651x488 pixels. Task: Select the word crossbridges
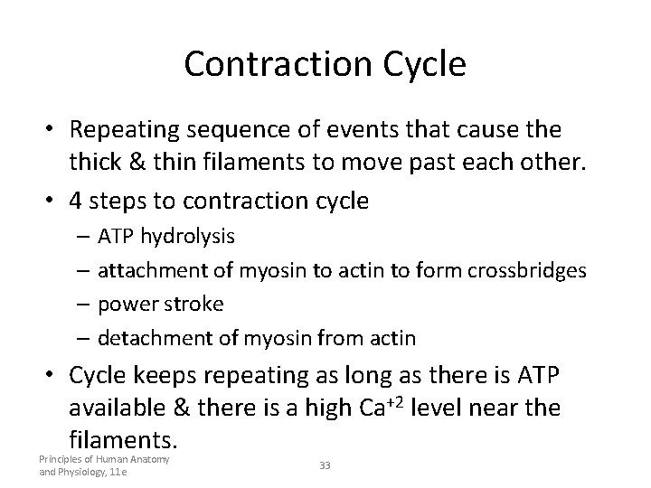click(528, 270)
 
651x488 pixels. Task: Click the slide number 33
click(325, 465)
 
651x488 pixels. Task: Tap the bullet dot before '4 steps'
click(52, 201)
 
